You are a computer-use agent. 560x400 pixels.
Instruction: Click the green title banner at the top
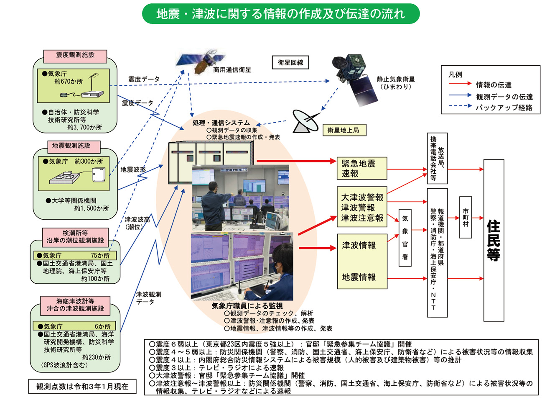click(x=280, y=14)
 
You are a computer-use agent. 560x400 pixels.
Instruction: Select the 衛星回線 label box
click(x=290, y=63)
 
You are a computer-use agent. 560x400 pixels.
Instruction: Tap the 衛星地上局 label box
click(x=344, y=130)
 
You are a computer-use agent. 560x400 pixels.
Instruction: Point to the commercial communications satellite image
click(x=200, y=62)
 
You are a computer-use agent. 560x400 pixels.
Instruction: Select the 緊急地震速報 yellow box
click(x=362, y=168)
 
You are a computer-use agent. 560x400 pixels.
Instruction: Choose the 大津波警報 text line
click(x=362, y=197)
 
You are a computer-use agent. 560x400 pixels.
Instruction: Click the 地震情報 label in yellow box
click(x=359, y=277)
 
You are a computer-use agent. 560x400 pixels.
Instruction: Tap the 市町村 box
click(x=466, y=218)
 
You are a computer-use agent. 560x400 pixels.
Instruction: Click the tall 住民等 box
click(x=494, y=240)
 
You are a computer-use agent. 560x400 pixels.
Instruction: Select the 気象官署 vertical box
click(x=405, y=238)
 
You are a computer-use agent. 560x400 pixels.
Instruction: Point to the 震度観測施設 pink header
click(x=75, y=55)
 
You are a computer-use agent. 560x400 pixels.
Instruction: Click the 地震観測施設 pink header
click(x=71, y=146)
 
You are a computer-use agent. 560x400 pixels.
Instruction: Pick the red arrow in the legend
click(x=460, y=84)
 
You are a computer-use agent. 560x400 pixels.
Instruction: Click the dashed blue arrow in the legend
click(x=460, y=107)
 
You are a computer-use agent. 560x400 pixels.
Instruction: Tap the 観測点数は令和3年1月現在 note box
click(x=82, y=387)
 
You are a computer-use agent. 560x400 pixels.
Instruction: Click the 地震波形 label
click(x=133, y=169)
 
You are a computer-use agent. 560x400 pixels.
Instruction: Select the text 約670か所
click(x=69, y=82)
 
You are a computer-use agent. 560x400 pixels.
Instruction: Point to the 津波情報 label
click(x=359, y=246)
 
